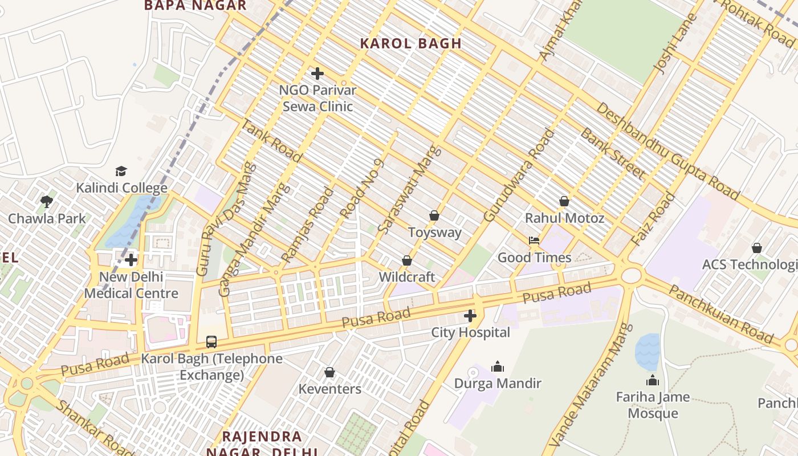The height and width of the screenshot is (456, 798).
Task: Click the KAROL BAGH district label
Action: (x=410, y=43)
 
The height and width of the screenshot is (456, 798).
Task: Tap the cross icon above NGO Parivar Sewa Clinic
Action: (x=317, y=74)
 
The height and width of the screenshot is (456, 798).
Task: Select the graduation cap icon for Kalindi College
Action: (x=121, y=171)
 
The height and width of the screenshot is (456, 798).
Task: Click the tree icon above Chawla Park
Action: (x=47, y=201)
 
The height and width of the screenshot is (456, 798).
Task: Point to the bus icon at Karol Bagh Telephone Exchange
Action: (x=211, y=342)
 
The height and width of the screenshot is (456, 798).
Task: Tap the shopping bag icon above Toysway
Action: (x=434, y=215)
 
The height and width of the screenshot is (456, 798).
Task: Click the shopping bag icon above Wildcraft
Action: (x=407, y=260)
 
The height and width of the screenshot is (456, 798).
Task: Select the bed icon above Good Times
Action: (x=534, y=241)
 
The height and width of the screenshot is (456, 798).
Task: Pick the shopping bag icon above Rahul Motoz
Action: (x=564, y=201)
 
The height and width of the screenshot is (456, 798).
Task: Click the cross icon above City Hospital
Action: (x=470, y=316)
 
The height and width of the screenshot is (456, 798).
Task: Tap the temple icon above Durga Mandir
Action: (x=498, y=367)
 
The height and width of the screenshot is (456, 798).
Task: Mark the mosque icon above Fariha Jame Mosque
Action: (x=653, y=380)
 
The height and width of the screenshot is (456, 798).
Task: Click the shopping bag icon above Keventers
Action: (x=329, y=372)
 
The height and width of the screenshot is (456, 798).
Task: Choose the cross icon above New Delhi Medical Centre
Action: (x=131, y=260)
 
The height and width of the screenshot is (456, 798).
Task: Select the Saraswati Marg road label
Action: (x=410, y=190)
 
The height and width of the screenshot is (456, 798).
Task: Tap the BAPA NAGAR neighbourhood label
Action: (x=196, y=6)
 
